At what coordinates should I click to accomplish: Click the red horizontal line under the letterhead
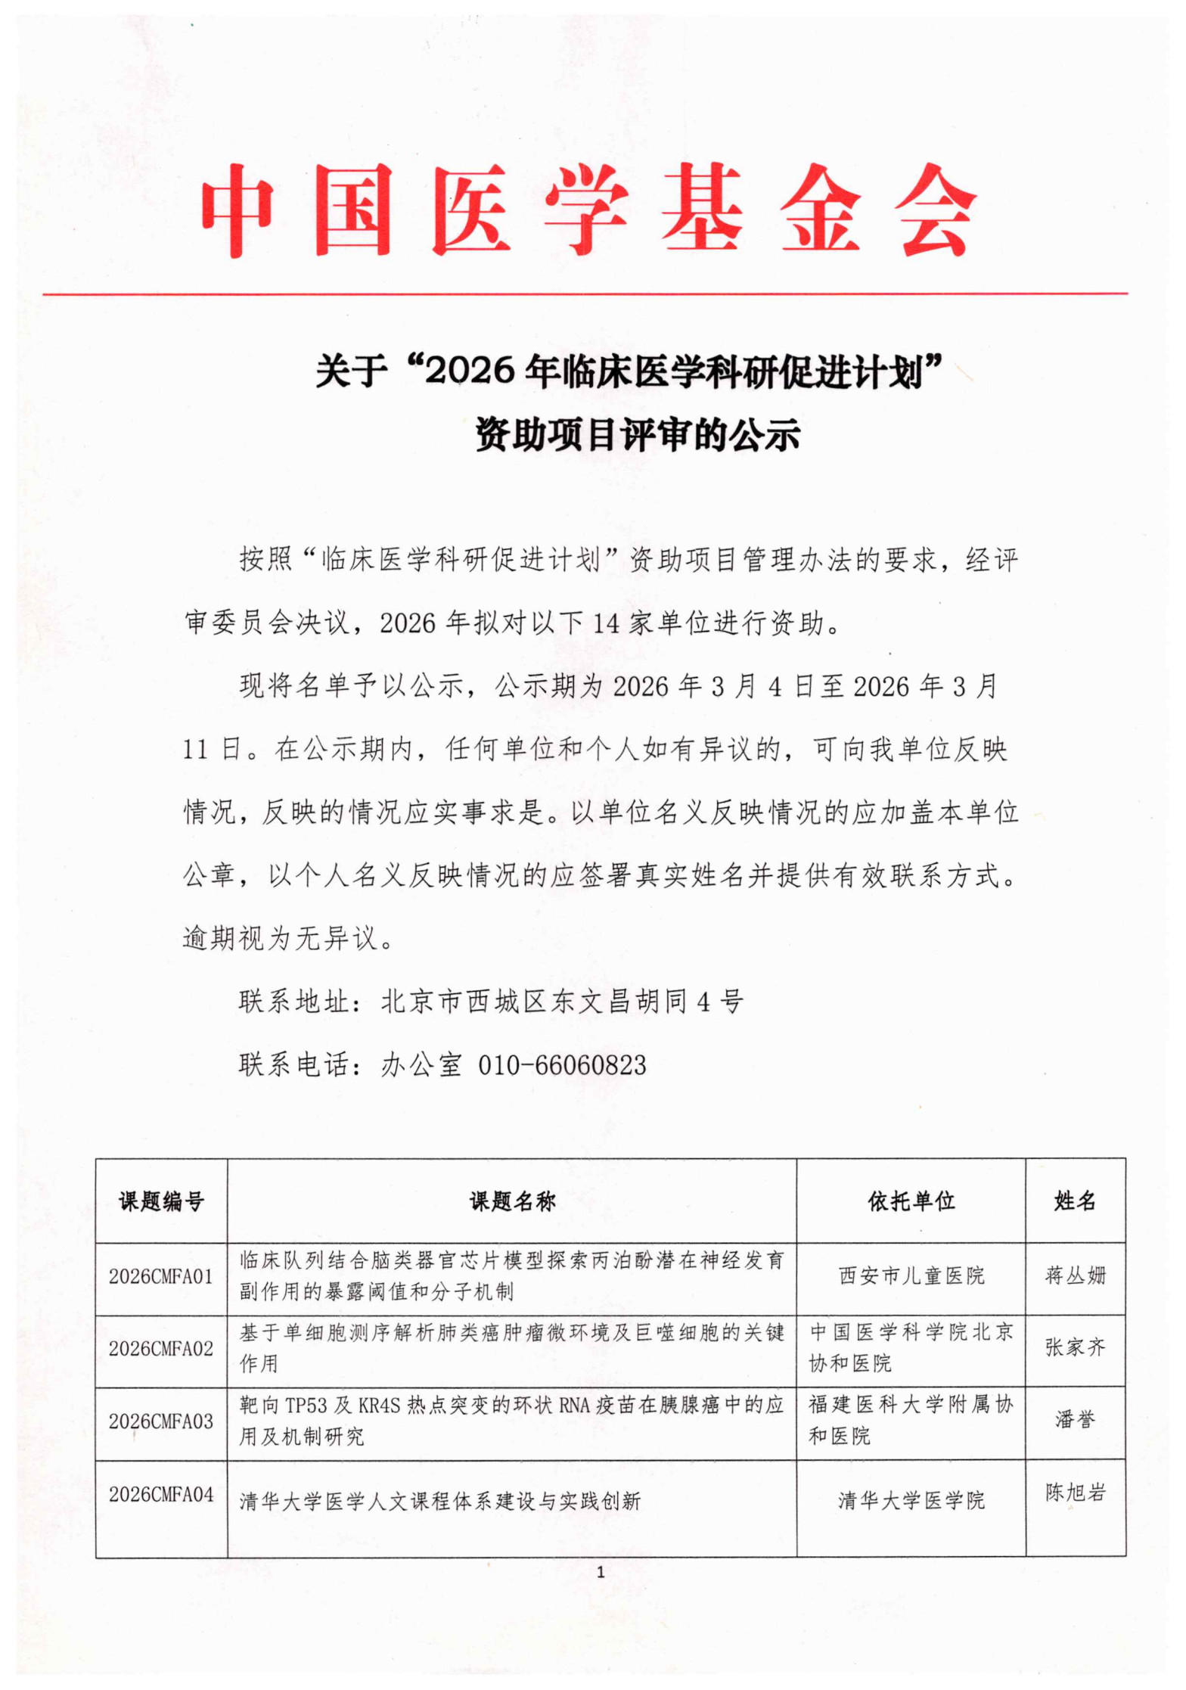click(585, 294)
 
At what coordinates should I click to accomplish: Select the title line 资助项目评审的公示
click(637, 435)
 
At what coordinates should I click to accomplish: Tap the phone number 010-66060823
click(562, 1065)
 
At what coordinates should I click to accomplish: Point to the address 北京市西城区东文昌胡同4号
click(562, 1002)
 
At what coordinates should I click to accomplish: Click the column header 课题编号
click(161, 1201)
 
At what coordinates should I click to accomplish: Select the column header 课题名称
click(512, 1201)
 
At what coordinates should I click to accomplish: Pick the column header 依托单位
click(911, 1201)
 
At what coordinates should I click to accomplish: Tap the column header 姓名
click(1075, 1201)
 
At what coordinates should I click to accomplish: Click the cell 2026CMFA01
click(161, 1277)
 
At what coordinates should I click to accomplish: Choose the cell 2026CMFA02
click(161, 1349)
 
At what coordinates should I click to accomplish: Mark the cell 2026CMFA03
click(161, 1421)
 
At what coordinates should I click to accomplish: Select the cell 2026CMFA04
click(161, 1494)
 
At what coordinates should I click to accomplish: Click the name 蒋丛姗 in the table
click(1075, 1276)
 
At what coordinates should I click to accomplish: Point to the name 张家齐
click(1075, 1347)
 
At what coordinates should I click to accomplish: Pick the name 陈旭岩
click(1075, 1493)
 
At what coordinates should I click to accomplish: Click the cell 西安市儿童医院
click(911, 1276)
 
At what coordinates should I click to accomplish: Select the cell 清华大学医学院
click(911, 1500)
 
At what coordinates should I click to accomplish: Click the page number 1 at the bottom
click(601, 1573)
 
